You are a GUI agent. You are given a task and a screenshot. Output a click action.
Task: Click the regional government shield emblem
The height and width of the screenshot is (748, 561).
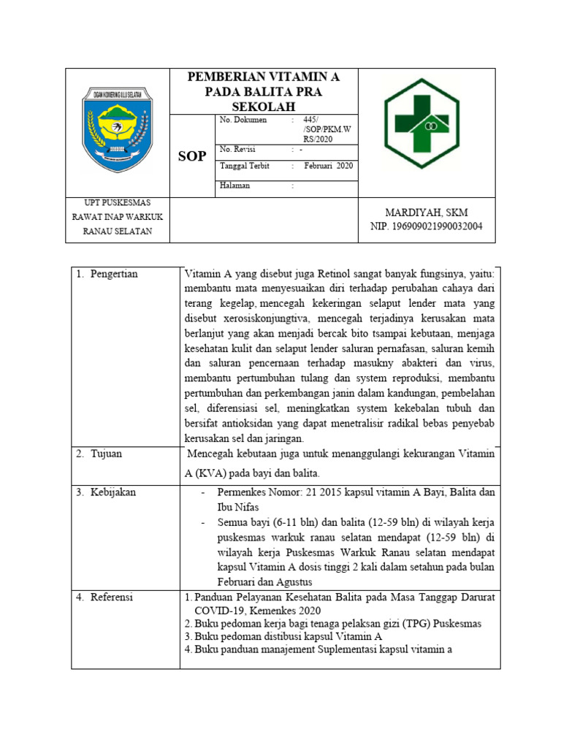click(x=117, y=129)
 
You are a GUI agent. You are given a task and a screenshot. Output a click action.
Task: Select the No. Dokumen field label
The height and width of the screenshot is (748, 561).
click(x=243, y=120)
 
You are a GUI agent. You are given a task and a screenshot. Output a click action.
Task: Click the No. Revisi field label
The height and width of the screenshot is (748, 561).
click(x=239, y=150)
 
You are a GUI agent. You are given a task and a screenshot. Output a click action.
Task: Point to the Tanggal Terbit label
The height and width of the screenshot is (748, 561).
click(x=245, y=166)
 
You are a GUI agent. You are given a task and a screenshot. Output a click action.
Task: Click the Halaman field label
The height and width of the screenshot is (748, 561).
click(x=234, y=186)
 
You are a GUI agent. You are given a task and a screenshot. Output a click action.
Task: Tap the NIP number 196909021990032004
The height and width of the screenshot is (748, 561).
click(x=426, y=226)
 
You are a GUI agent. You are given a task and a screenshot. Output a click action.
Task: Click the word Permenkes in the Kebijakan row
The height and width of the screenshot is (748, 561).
click(x=243, y=492)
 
